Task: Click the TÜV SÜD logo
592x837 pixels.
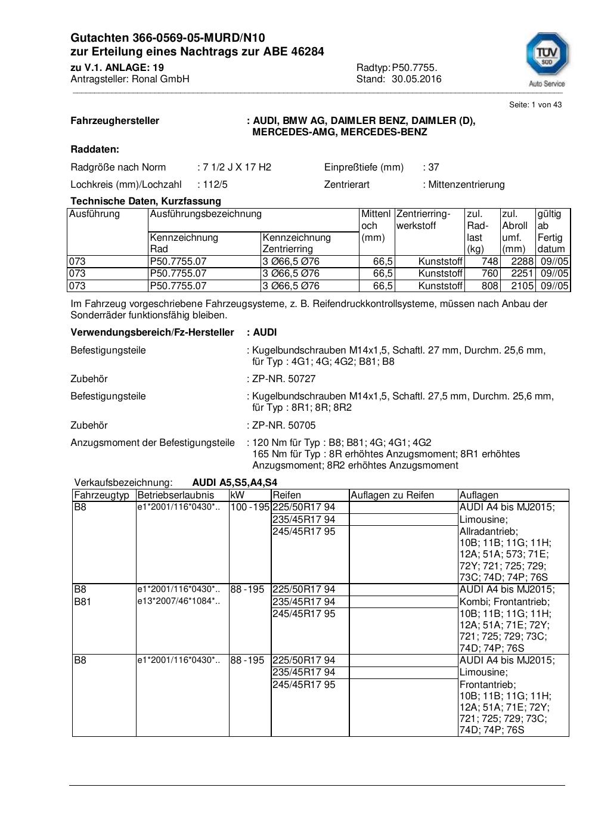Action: tap(547, 58)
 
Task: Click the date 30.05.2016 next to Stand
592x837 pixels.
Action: tap(416, 79)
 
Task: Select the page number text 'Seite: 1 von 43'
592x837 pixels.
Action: tap(535, 105)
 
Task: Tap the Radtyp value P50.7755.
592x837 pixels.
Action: tap(414, 68)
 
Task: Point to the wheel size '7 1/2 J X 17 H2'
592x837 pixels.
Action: tap(237, 168)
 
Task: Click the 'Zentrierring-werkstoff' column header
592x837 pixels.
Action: tap(423, 220)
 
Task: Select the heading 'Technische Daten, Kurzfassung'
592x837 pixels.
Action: tap(145, 201)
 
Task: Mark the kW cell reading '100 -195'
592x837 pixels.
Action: tap(250, 507)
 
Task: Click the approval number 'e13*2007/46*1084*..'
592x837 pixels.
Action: tap(178, 602)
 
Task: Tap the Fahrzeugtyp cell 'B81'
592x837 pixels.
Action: tap(82, 602)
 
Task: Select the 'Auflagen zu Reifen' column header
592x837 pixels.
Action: tap(392, 495)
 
